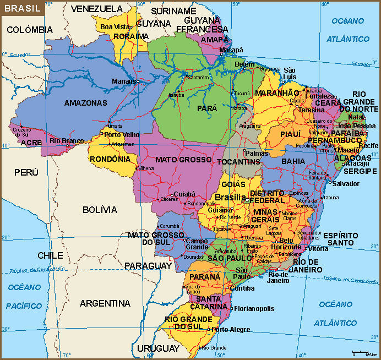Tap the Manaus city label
(123, 81)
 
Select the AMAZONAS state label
(85, 103)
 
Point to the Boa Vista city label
(115, 26)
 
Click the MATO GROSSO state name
(183, 160)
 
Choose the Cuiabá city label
(185, 194)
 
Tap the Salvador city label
(346, 183)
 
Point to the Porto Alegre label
(231, 330)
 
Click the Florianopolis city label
(254, 309)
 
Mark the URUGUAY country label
(158, 349)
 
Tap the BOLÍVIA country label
(100, 210)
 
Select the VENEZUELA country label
(97, 9)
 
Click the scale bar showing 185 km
(363, 352)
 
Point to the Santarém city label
(198, 78)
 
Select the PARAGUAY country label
(148, 266)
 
